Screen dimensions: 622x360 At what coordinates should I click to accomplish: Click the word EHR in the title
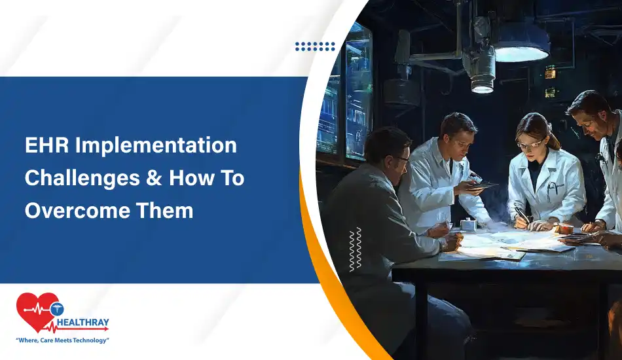pos(46,145)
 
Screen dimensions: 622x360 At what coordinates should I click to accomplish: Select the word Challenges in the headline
pos(82,179)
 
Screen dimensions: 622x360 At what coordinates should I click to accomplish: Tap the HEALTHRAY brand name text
pos(82,322)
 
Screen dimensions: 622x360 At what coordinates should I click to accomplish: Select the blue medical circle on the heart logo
pos(57,309)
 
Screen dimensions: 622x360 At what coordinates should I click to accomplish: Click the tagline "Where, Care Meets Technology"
pos(62,340)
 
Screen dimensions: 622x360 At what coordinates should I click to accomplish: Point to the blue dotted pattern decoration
pos(315,46)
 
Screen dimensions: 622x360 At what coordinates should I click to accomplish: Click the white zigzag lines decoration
pos(355,249)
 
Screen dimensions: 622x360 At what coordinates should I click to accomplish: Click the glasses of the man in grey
pos(401,160)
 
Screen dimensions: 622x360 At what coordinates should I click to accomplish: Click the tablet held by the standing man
pos(483,185)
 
